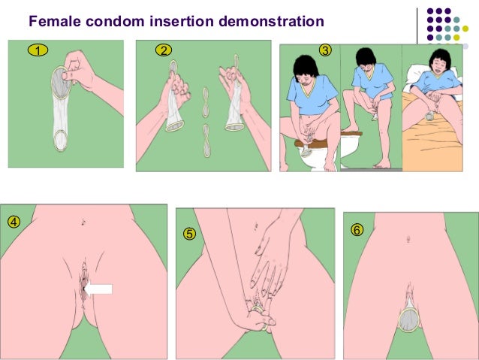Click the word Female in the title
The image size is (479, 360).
(55, 21)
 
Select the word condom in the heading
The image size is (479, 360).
(115, 21)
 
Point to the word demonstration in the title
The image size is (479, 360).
(271, 21)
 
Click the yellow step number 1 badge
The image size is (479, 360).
(38, 50)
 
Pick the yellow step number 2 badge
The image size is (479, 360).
(164, 50)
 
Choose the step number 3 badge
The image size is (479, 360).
(325, 50)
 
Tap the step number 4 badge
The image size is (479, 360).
(14, 222)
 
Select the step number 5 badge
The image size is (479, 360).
(189, 234)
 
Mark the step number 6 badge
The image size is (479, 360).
(357, 230)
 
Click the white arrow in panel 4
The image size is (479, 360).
(98, 289)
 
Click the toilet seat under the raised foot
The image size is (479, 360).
(351, 134)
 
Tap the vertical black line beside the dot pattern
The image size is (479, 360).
(417, 26)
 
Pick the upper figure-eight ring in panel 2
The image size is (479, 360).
(206, 102)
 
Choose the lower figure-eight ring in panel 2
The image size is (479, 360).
(206, 141)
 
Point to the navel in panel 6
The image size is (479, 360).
(408, 238)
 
